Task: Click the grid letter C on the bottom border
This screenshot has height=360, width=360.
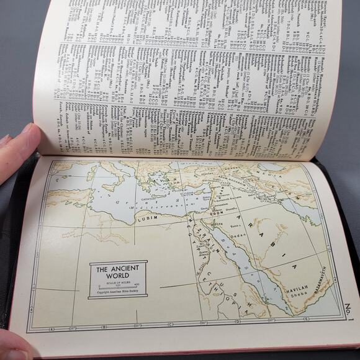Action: click(170, 325)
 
